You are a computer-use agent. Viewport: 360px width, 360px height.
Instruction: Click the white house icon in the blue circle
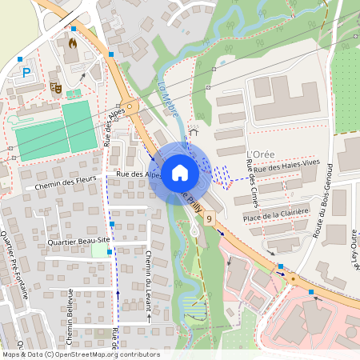(180, 173)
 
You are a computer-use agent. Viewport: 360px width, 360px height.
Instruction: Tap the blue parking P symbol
(26, 73)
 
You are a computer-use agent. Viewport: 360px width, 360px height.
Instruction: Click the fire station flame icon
(74, 42)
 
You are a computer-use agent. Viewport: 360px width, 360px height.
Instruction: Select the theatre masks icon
(55, 86)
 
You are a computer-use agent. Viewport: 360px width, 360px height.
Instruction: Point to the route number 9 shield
(210, 218)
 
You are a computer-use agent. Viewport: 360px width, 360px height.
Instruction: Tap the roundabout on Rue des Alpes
(128, 106)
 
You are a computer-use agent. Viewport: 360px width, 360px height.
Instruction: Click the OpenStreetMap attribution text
(80, 354)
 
